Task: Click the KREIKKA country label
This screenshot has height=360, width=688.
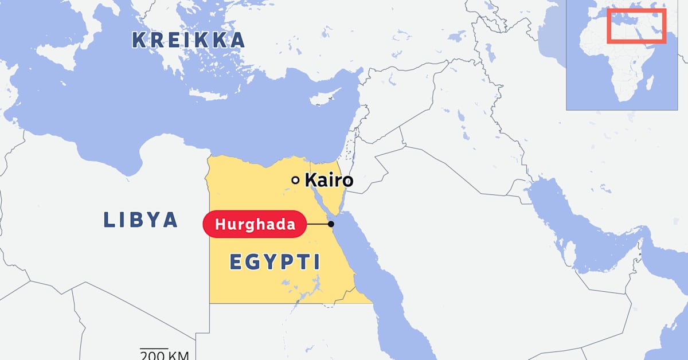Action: (188, 40)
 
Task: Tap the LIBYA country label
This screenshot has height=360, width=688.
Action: (140, 220)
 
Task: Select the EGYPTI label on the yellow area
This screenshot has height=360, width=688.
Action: (275, 262)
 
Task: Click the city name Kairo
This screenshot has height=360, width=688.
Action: (329, 181)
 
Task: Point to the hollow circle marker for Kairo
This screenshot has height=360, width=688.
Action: (295, 181)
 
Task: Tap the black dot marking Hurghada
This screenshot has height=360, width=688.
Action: (331, 224)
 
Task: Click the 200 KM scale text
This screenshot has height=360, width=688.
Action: (165, 355)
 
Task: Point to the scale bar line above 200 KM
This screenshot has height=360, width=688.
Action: (154, 349)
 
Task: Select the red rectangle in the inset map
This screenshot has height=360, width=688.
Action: (636, 26)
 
